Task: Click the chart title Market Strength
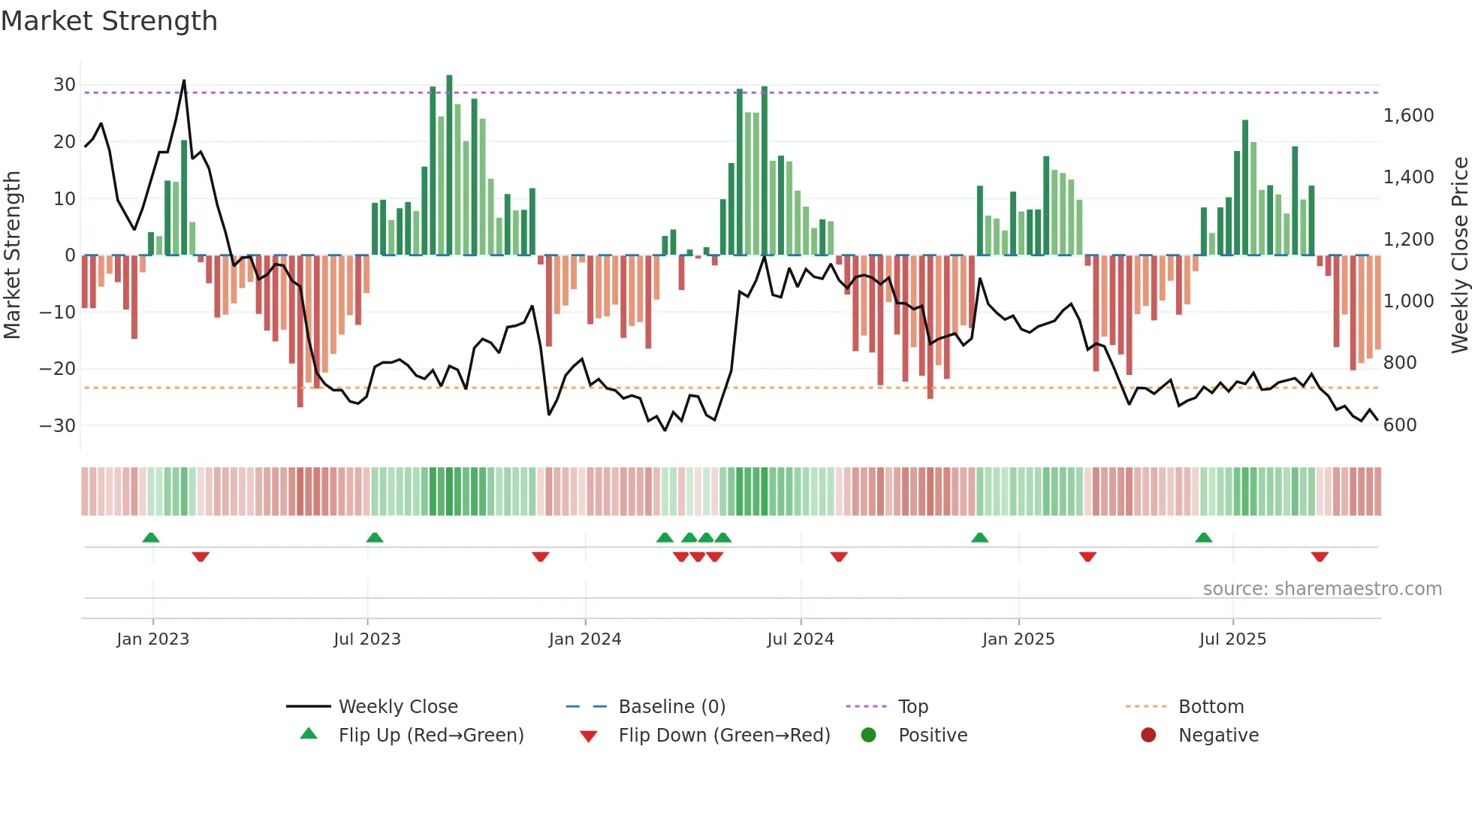[x=109, y=21]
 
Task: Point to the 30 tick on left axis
[x=65, y=85]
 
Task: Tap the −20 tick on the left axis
[x=58, y=369]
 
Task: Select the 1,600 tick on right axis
[x=1408, y=116]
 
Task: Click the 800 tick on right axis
[x=1400, y=363]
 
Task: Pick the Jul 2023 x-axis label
[x=367, y=639]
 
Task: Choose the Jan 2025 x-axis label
[x=1018, y=639]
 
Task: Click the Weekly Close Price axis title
[x=1459, y=255]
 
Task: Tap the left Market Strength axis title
[x=13, y=255]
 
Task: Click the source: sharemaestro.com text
[x=1322, y=589]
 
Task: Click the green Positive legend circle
[x=869, y=736]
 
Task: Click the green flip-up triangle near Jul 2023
[x=375, y=537]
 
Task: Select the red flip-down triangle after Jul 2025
[x=1320, y=557]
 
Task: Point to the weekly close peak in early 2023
[x=184, y=81]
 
